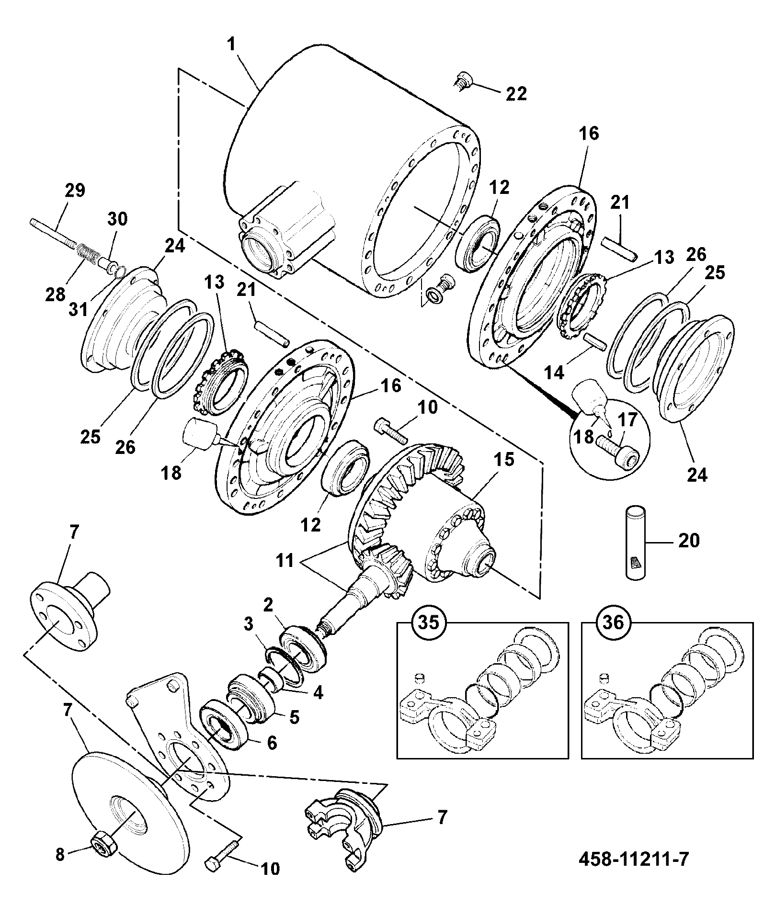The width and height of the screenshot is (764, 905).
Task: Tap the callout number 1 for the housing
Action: [231, 45]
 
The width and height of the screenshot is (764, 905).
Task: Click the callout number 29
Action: [74, 191]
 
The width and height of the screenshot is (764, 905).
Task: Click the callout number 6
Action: [271, 742]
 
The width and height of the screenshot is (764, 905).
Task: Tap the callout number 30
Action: [117, 219]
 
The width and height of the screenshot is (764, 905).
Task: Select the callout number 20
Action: [689, 541]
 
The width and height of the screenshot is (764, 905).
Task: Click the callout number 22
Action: [515, 93]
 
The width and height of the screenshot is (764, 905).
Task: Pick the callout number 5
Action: [294, 717]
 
